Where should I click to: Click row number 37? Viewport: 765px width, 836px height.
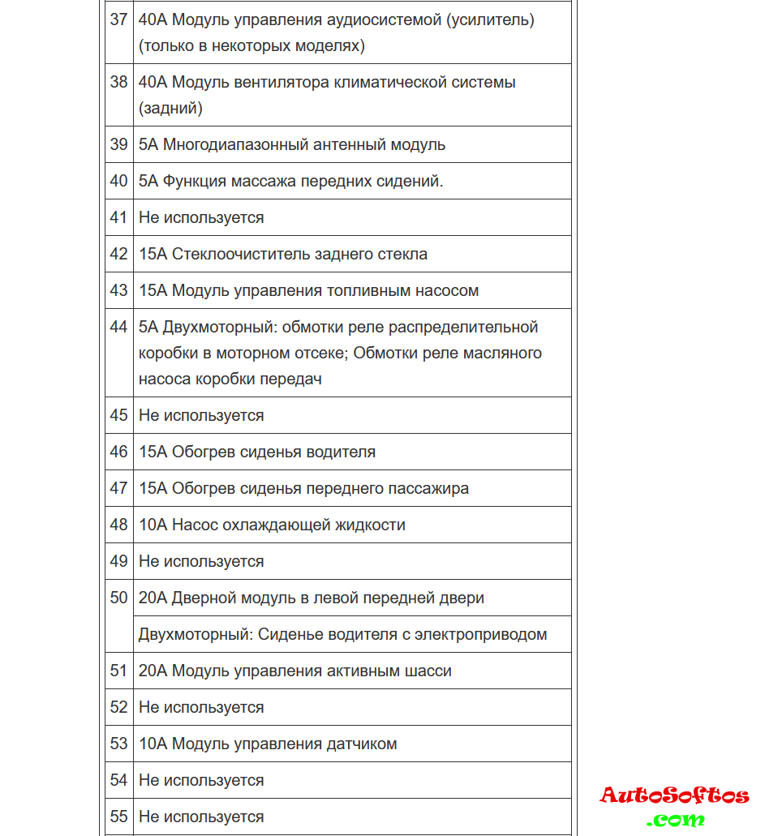[119, 19]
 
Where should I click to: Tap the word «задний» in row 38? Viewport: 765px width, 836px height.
[170, 108]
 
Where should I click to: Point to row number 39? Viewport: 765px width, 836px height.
[119, 145]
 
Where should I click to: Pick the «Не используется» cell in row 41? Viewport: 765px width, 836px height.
[201, 218]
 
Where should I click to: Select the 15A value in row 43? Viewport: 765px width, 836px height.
[153, 291]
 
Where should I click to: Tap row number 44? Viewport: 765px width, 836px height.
[119, 328]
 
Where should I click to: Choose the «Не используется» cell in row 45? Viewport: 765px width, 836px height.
[201, 416]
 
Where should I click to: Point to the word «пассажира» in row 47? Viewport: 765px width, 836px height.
[431, 489]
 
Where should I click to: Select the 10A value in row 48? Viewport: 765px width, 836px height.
[153, 525]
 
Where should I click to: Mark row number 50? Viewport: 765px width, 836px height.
[119, 598]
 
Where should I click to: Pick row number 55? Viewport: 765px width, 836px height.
[119, 817]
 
